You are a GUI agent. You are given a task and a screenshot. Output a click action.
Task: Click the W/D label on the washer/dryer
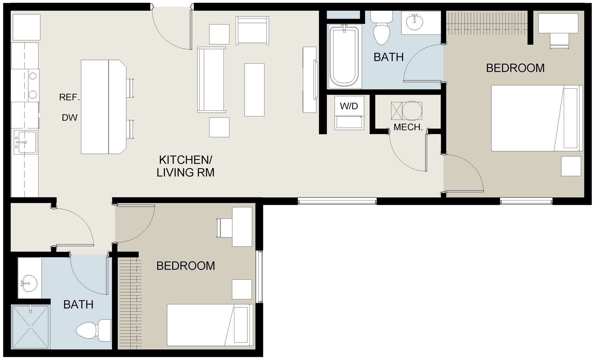tap(349, 106)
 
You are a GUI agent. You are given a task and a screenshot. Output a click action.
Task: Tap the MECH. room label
tap(408, 127)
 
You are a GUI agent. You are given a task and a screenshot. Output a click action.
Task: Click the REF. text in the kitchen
tap(70, 97)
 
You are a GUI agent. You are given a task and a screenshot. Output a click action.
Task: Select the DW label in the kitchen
tap(70, 118)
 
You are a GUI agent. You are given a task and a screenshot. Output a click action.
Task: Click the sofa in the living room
tap(211, 80)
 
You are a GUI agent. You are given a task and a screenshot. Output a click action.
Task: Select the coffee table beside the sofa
tap(254, 90)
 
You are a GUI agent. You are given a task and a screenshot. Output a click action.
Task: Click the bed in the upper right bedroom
tap(536, 118)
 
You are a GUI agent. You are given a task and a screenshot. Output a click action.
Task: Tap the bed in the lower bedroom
tap(210, 325)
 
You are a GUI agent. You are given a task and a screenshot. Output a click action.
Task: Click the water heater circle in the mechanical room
tap(412, 110)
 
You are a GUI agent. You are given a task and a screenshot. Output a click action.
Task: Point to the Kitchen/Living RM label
tap(186, 166)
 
